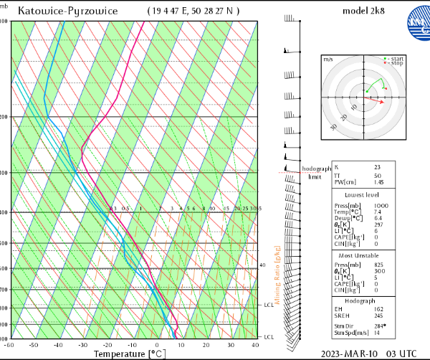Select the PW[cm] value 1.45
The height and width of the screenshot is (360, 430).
tap(379, 182)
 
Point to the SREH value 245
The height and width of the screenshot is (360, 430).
tap(378, 316)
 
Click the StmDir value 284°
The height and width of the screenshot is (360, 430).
tap(380, 326)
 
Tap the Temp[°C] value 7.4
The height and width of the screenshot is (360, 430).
tap(378, 213)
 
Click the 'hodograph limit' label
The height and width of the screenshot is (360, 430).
tap(316, 172)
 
